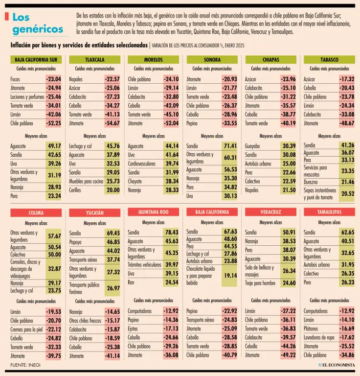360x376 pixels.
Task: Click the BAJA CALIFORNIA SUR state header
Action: pyautogui.click(x=36, y=59)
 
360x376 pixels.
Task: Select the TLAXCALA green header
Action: pyautogui.click(x=94, y=59)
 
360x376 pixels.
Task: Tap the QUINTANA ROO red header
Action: pyautogui.click(x=153, y=212)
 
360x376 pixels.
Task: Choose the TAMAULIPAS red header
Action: pyautogui.click(x=329, y=212)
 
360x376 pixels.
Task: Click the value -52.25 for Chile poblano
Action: pyautogui.click(x=54, y=123)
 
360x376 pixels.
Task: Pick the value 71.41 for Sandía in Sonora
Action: pyautogui.click(x=230, y=146)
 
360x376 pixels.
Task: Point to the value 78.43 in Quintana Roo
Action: pyautogui.click(x=172, y=232)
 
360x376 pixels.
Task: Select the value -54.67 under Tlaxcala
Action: pyautogui.click(x=112, y=123)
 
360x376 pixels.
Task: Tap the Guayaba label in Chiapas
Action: pyautogui.click(x=252, y=146)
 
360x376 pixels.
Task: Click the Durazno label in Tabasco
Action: pyautogui.click(x=311, y=182)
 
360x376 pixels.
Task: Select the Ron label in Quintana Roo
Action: pyautogui.click(x=131, y=282)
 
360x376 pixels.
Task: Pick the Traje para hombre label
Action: pyautogui.click(x=260, y=283)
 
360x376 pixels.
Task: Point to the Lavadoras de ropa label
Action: pyautogui.click(x=319, y=337)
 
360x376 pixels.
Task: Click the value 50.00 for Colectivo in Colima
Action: pyautogui.click(x=54, y=255)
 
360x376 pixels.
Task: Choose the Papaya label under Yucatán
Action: pyautogui.click(x=75, y=242)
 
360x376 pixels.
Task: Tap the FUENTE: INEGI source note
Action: pyautogui.click(x=25, y=365)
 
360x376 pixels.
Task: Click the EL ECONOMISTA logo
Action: pyautogui.click(x=337, y=365)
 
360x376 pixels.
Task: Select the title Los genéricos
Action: pyautogui.click(x=38, y=23)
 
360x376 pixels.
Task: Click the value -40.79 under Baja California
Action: pyautogui.click(x=230, y=355)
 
